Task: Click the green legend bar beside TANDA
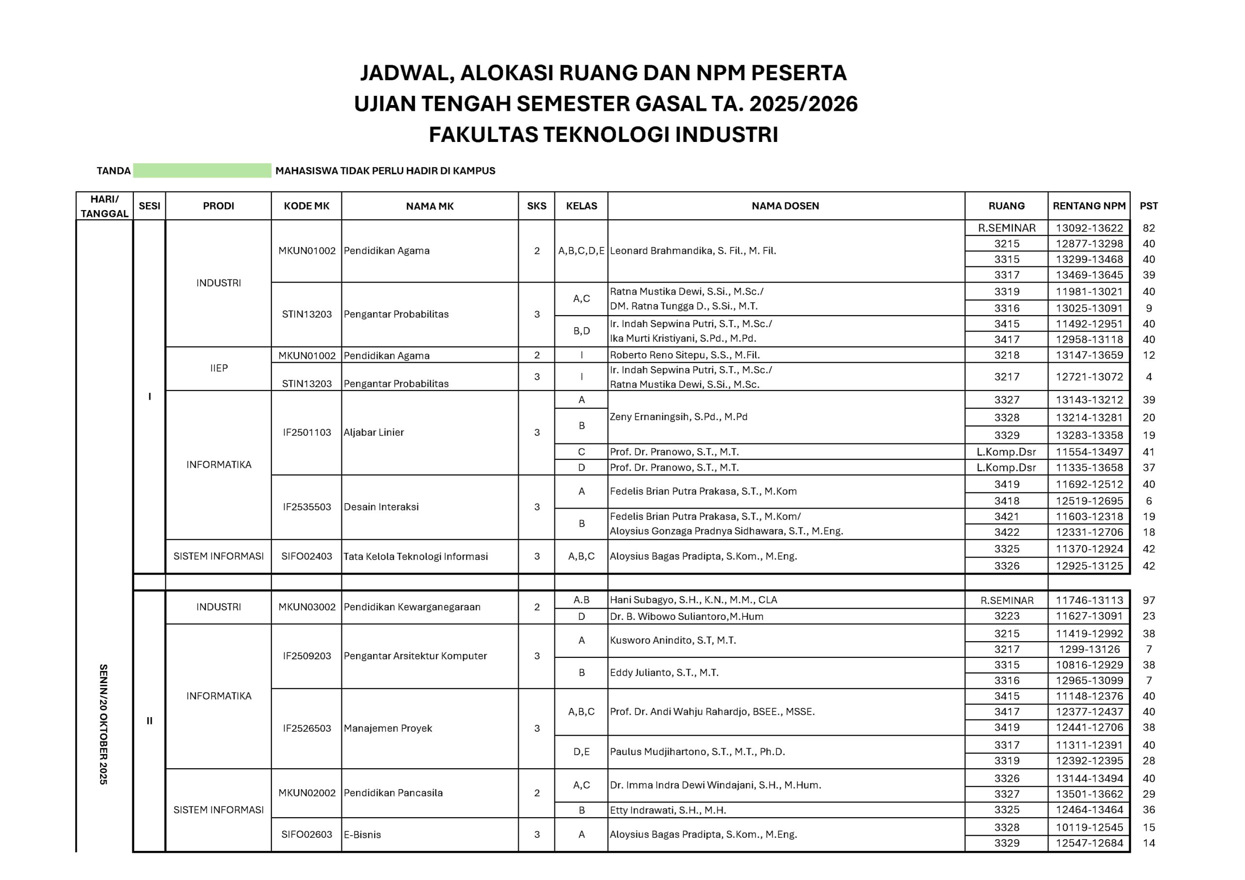[202, 170]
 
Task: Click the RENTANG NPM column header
[1089, 206]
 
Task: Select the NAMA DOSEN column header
[785, 206]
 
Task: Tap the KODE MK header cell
[306, 206]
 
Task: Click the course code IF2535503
[306, 507]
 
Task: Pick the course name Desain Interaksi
[381, 507]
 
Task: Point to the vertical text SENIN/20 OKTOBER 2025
[104, 724]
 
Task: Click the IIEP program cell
[218, 368]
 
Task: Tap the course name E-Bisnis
[362, 834]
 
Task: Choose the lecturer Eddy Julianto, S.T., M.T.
[664, 673]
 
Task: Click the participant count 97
[1149, 600]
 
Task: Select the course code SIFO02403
[306, 556]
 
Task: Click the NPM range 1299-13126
[1089, 649]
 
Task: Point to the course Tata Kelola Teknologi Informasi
[415, 556]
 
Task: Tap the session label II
[149, 721]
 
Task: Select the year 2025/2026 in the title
[803, 104]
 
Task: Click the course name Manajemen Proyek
[388, 728]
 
